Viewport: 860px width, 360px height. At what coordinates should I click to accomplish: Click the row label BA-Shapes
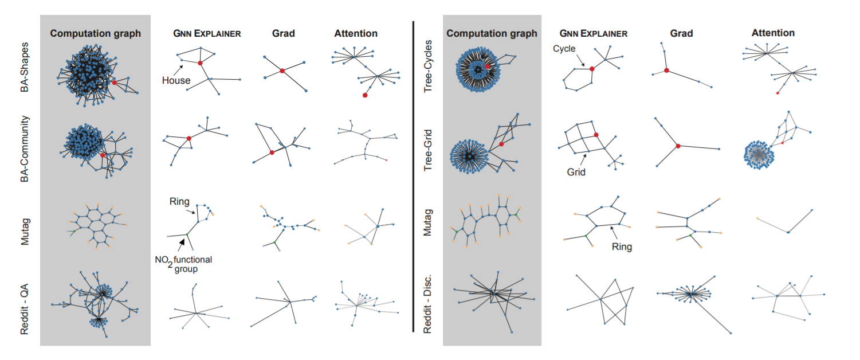point(25,70)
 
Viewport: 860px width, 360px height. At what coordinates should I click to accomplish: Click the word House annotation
point(176,80)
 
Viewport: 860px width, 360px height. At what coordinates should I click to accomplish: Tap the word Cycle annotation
point(564,49)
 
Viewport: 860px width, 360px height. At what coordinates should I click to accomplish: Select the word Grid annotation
point(576,171)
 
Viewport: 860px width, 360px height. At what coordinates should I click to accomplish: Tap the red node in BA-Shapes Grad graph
point(282,71)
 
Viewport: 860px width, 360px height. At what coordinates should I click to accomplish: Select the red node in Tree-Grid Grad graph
point(678,146)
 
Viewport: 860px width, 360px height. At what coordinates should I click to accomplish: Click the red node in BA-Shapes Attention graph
point(365,95)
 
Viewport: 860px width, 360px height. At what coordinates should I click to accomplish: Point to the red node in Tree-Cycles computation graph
point(487,66)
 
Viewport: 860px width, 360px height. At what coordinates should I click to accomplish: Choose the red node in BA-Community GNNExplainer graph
point(189,138)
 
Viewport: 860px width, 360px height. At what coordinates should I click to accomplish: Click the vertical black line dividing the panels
point(414,175)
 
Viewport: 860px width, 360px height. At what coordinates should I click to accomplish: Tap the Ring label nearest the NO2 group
point(179,202)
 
